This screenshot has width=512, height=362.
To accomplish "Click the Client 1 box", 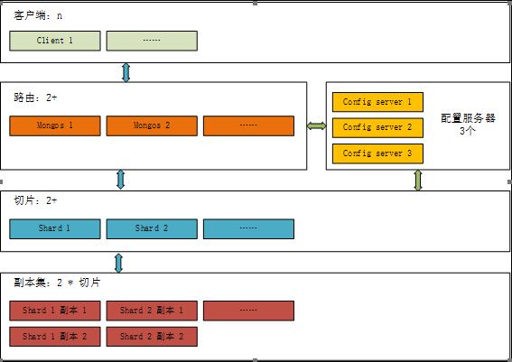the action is [x=55, y=41].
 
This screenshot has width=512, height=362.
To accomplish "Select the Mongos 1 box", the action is [x=55, y=125].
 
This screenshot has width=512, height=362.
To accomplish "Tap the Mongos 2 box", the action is [x=152, y=125].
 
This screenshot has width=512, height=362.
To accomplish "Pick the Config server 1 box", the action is [x=377, y=102].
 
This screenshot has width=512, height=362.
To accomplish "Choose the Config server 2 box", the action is [x=377, y=127].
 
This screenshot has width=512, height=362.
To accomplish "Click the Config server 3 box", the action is [x=377, y=153].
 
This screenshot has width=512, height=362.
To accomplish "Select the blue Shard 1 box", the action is [x=55, y=228].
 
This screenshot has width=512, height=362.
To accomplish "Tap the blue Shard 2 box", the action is [x=152, y=228].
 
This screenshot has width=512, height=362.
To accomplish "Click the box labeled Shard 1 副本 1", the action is [x=55, y=311].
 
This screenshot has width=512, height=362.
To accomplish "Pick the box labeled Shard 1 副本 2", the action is [x=55, y=337].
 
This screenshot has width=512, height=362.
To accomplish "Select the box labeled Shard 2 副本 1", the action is [x=152, y=311].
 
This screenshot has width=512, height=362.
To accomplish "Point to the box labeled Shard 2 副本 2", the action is [x=152, y=337].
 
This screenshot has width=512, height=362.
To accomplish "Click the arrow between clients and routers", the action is [x=126, y=72].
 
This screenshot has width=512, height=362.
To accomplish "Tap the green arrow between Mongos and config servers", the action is [x=316, y=125].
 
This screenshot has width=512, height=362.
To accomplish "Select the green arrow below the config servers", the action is [x=418, y=181].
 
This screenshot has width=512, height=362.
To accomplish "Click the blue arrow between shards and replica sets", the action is [x=119, y=263].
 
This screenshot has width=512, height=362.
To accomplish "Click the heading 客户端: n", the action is [x=38, y=15].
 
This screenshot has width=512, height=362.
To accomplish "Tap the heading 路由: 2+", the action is [x=35, y=97].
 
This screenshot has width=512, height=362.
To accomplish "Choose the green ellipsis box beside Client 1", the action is [x=152, y=41].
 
